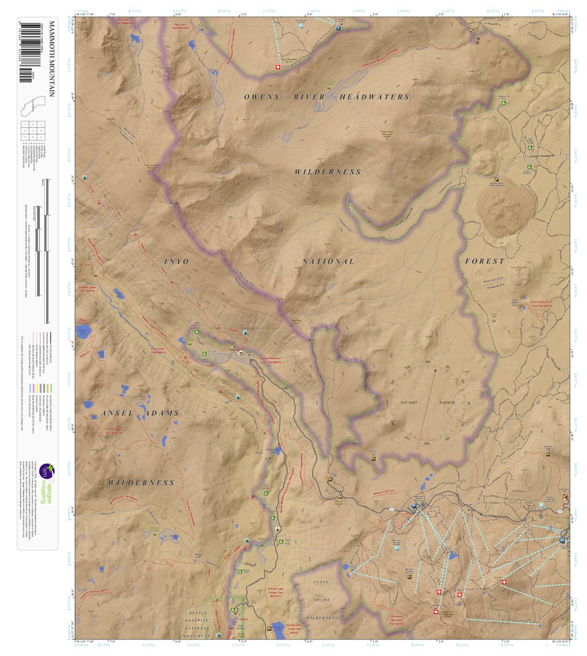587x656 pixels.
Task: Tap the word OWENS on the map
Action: (x=261, y=97)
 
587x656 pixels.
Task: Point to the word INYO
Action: (x=176, y=261)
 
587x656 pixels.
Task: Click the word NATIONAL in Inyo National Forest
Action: (x=328, y=261)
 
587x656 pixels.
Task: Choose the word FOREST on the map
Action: (x=485, y=261)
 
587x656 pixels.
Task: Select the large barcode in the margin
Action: (x=28, y=52)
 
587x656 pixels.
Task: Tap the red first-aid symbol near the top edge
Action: (x=278, y=68)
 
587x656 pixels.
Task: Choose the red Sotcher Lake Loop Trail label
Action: (x=278, y=628)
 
